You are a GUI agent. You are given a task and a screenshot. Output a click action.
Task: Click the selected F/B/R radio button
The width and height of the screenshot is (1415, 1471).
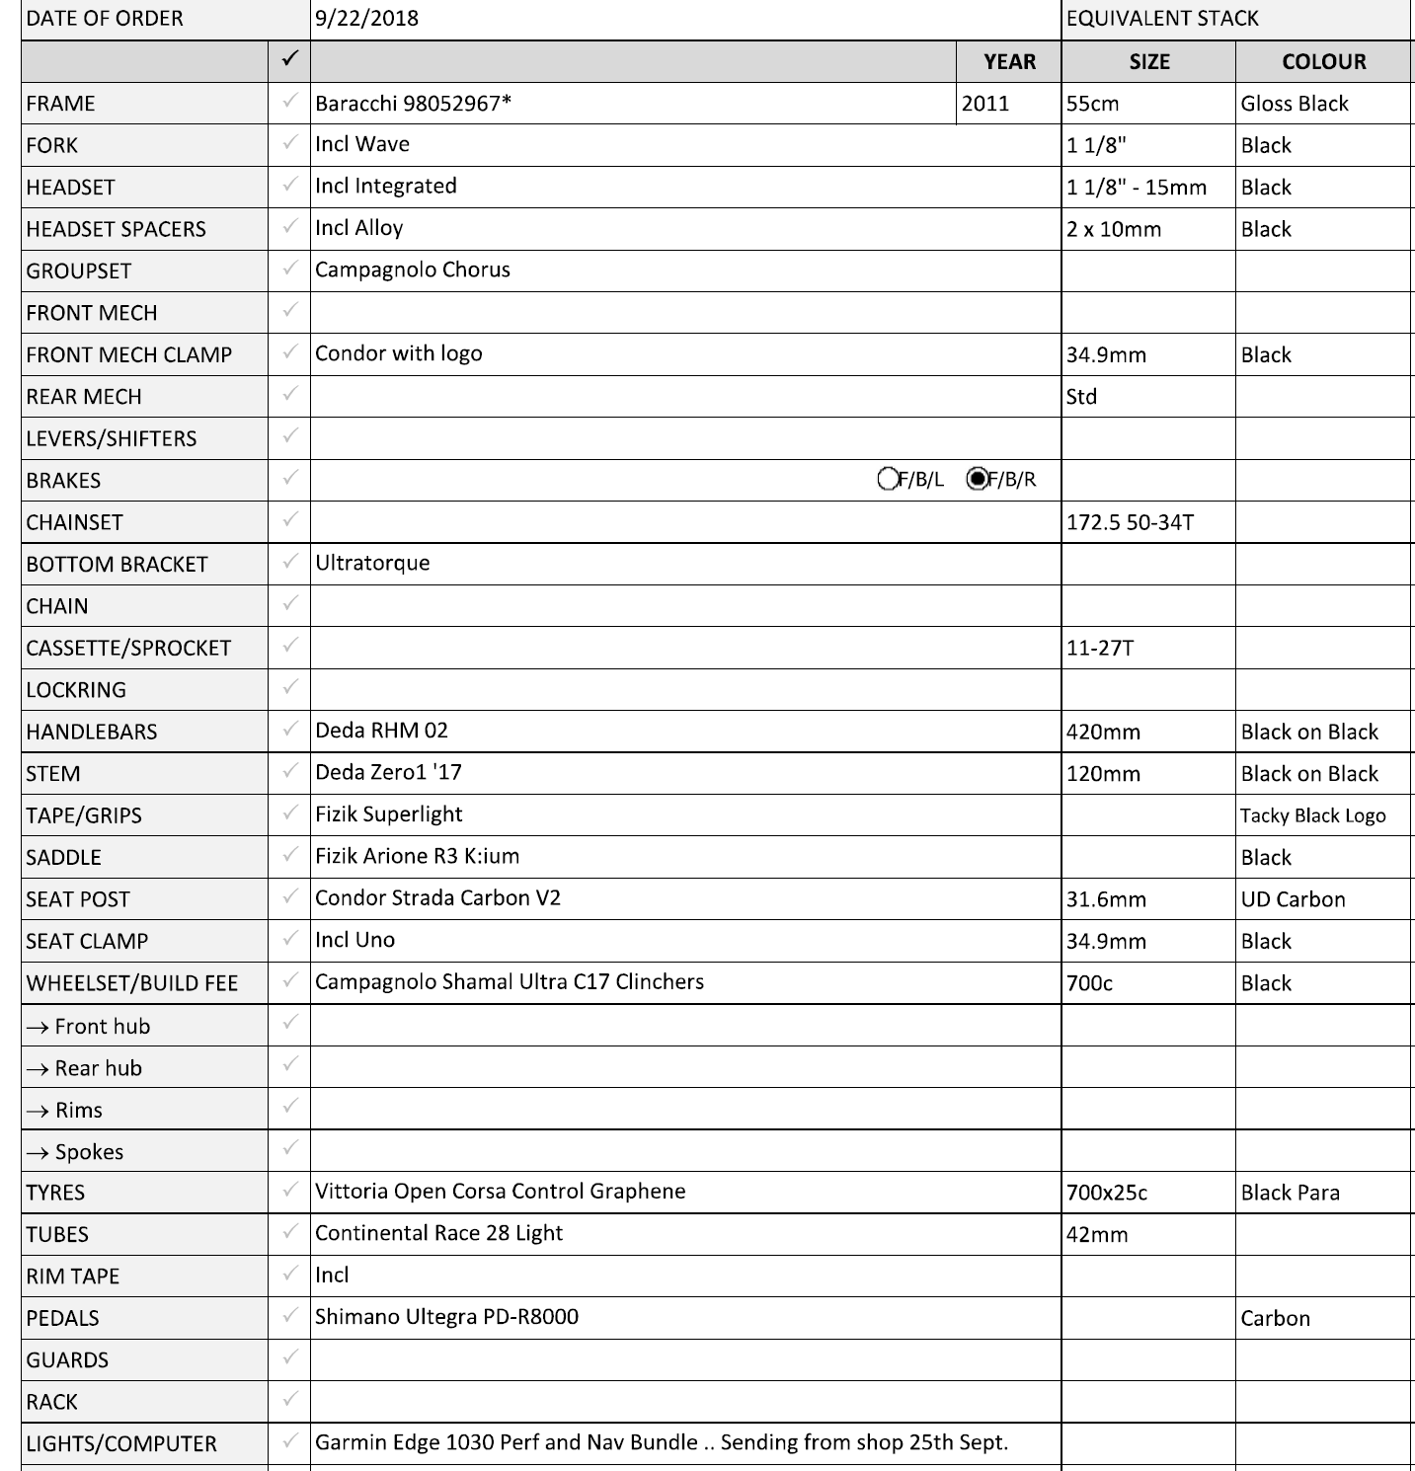(978, 479)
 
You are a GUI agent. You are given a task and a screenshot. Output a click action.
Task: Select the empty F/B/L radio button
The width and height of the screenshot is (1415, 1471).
(888, 479)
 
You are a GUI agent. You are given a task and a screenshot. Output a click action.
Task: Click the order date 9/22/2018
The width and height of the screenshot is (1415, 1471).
(366, 19)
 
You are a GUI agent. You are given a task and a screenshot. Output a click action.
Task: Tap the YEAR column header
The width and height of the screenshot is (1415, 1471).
(1009, 61)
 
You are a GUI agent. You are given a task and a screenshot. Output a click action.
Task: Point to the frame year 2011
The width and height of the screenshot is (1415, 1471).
(985, 104)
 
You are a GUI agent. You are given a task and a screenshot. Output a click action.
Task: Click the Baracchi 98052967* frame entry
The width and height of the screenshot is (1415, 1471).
(413, 104)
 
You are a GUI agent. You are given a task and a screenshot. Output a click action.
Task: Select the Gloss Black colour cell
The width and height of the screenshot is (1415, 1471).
(1294, 104)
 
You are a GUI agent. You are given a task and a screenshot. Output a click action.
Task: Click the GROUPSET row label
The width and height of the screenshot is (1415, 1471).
(79, 271)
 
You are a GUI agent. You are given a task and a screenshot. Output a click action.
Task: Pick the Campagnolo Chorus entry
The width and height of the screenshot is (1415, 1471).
(412, 270)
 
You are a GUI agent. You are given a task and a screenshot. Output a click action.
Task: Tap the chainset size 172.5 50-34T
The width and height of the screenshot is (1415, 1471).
(1130, 522)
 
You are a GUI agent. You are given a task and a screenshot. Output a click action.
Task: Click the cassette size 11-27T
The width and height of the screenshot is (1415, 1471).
(1100, 648)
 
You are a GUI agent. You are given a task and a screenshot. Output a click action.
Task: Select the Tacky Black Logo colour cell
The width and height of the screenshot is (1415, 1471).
(1312, 815)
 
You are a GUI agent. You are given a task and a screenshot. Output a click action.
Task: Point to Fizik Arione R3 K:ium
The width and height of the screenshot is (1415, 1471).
(417, 856)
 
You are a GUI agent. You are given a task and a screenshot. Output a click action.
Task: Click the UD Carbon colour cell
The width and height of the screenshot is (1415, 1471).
(1293, 899)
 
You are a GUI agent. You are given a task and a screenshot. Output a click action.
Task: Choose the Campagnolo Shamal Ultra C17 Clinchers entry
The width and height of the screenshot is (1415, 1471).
(509, 981)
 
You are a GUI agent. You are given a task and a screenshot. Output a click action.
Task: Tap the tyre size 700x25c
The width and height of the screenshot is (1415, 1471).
(1107, 1193)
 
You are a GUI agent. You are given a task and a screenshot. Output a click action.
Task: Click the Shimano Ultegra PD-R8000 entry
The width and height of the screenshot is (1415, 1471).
(446, 1317)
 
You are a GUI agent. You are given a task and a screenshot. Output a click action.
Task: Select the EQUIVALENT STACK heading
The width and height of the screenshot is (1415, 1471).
(1162, 19)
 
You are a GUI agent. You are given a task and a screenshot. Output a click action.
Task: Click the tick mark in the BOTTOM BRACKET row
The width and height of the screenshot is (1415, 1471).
(289, 562)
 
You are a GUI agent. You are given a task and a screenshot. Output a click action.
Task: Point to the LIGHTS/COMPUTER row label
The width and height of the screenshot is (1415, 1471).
(121, 1443)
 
